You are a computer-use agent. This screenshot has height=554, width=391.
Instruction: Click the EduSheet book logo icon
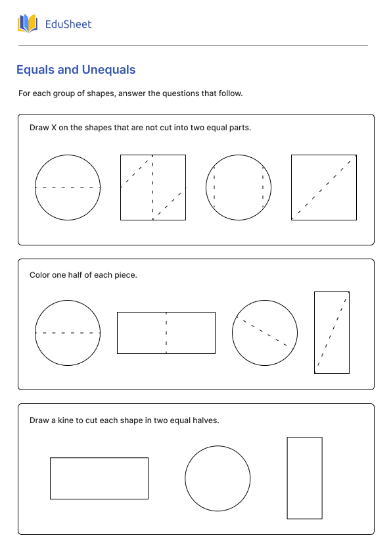28,24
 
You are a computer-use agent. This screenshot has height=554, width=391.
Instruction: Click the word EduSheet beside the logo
68,24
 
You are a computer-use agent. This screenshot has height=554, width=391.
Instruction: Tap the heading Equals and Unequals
76,70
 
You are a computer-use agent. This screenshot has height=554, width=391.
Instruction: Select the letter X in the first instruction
54,128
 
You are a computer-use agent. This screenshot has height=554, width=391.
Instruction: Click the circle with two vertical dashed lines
239,188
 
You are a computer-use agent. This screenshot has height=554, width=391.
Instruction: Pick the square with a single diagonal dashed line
324,188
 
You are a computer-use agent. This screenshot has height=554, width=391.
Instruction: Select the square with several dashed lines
153,188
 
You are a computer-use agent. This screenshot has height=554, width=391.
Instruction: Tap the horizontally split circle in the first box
68,188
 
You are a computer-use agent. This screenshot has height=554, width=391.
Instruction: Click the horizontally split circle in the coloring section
68,333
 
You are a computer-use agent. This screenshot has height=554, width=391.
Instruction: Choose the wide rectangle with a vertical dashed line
166,333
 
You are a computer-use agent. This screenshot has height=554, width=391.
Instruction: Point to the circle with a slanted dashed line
265,333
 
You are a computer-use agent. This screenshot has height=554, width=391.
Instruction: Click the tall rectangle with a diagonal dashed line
332,333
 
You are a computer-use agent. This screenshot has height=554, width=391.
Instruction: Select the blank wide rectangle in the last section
99,478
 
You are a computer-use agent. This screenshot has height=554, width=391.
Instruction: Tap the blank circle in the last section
218,478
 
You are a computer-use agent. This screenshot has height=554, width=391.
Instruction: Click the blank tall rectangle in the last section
304,478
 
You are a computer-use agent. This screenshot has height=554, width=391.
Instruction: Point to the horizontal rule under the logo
193,45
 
